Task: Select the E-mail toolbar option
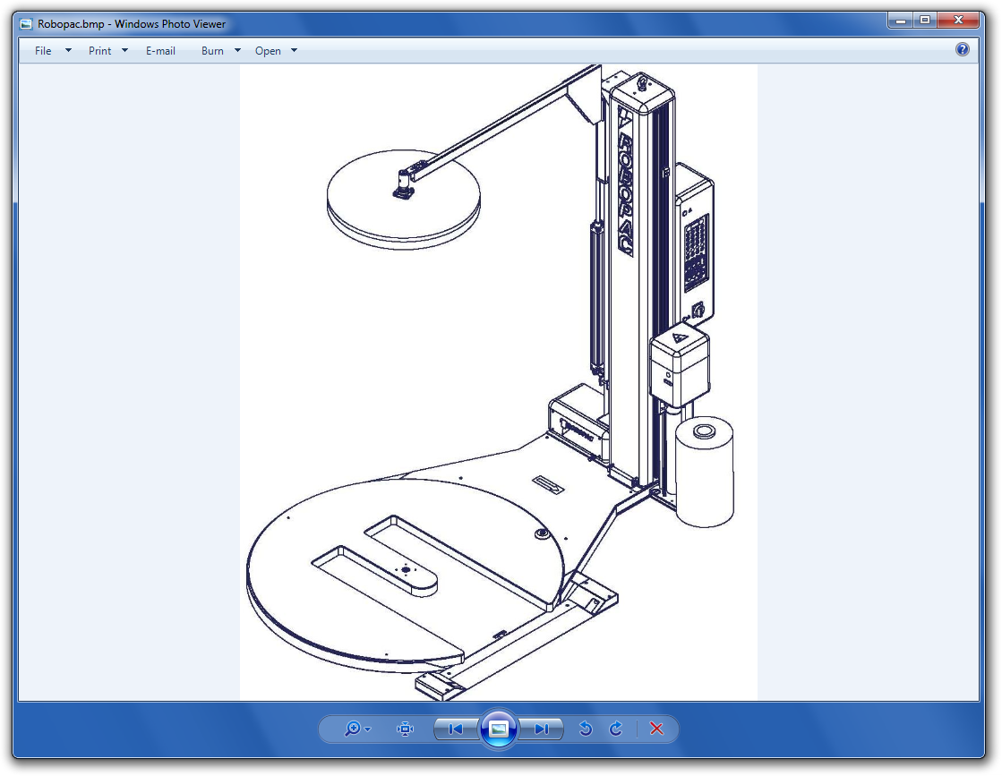click(160, 51)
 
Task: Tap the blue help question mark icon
click(962, 50)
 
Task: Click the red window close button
click(958, 21)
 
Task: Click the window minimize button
click(901, 21)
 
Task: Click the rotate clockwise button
click(616, 729)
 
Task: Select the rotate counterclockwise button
click(586, 729)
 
